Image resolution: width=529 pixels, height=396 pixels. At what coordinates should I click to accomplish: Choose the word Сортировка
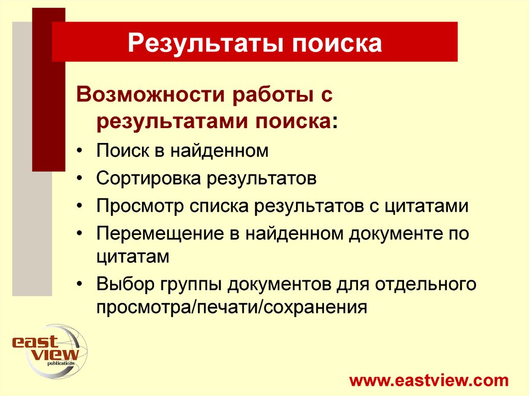click(x=148, y=179)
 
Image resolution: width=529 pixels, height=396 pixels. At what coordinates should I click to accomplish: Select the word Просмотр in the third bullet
click(x=139, y=207)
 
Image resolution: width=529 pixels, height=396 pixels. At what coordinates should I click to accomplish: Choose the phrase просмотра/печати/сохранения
click(x=231, y=307)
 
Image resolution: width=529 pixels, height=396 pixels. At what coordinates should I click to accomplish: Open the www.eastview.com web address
click(x=429, y=381)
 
